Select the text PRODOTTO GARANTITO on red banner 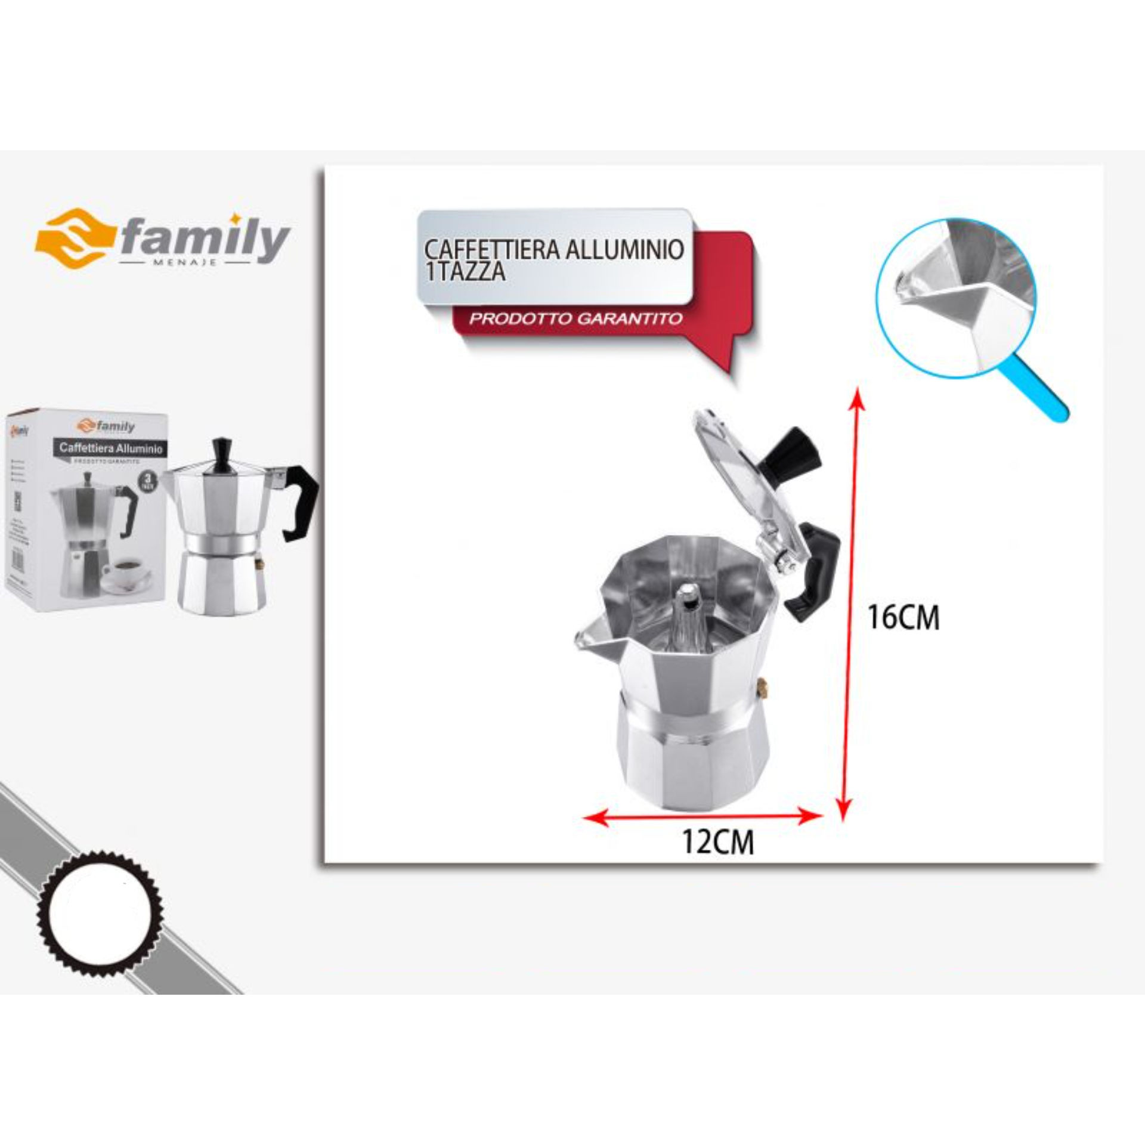(x=575, y=318)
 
